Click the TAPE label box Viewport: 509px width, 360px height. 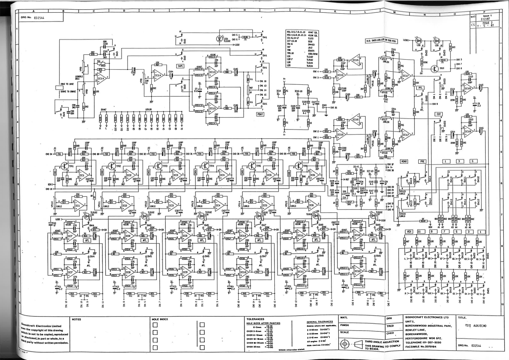[180, 66]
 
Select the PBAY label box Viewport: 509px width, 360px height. [260, 114]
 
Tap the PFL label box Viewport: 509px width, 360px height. [421, 88]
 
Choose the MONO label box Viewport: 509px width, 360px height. [404, 161]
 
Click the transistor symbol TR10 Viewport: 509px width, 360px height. [435, 68]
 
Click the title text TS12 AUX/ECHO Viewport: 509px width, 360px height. [476, 326]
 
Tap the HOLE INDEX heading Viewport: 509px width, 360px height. [160, 319]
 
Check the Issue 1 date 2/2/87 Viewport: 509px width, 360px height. [487, 19]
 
